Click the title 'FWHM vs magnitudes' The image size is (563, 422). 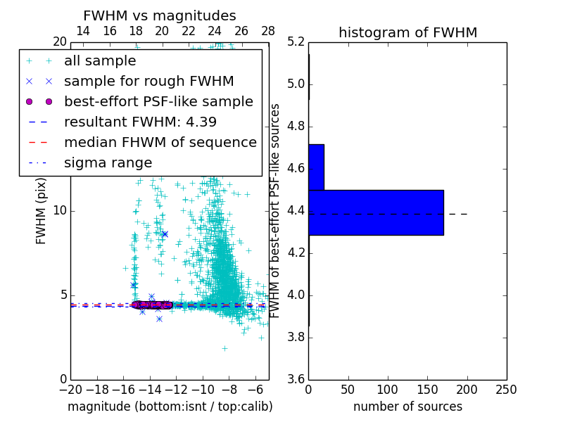point(160,16)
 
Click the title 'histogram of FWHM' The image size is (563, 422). point(407,33)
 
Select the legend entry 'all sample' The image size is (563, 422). point(100,61)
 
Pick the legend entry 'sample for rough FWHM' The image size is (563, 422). point(148,81)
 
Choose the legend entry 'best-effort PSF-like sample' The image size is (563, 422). point(158,101)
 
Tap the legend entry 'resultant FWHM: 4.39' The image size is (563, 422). point(140,122)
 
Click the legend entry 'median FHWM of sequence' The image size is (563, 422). point(160,142)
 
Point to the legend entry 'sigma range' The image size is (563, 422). point(108,162)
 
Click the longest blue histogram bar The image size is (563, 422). point(376,212)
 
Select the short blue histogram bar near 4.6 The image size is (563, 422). point(316,167)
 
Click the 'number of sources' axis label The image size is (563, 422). point(407,407)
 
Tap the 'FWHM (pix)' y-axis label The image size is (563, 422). point(42,211)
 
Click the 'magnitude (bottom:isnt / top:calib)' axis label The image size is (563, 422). point(170,407)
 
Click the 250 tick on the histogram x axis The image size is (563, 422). point(506,389)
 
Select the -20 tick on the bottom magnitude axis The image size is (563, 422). point(70,389)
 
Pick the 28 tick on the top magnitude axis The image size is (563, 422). point(268,32)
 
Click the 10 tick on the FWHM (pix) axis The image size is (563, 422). point(60,211)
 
